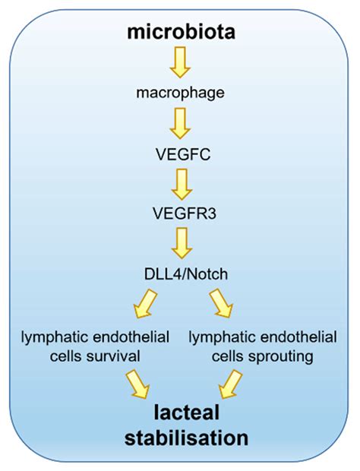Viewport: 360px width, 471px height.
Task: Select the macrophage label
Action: [179, 95]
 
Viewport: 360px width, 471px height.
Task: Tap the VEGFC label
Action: [179, 156]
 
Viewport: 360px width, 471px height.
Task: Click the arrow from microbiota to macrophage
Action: [179, 64]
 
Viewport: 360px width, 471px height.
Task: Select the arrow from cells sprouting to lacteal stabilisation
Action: [230, 384]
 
